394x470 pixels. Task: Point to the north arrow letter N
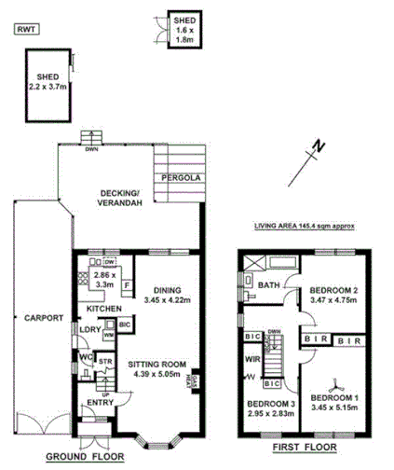(x=319, y=145)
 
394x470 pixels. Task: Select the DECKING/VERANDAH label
(x=122, y=199)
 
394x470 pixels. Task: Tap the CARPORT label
(x=43, y=318)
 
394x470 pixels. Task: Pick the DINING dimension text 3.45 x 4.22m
(x=166, y=300)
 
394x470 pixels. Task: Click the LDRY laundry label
(x=90, y=329)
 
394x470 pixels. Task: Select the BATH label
(x=269, y=285)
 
